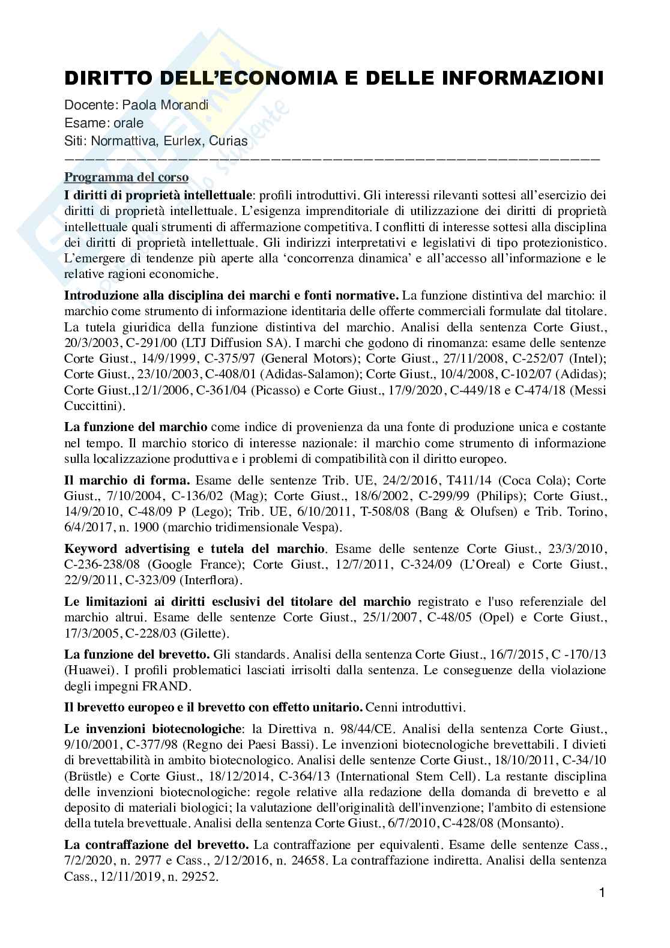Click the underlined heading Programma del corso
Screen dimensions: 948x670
pyautogui.click(x=126, y=178)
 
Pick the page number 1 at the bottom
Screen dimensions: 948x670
pyautogui.click(x=602, y=910)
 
